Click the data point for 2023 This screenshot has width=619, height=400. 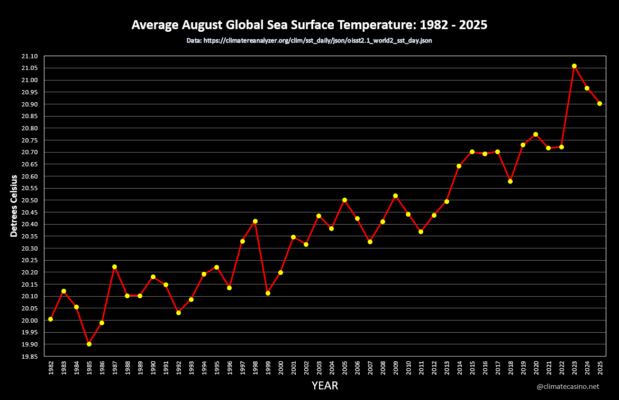[x=574, y=66]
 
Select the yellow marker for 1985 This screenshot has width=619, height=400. [x=89, y=344]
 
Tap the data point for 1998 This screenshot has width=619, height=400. [x=255, y=221]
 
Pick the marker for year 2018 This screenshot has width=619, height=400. [x=510, y=181]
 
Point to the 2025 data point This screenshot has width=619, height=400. [x=599, y=103]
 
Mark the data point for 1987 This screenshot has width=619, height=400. [x=114, y=266]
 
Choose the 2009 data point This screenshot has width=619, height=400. [x=395, y=195]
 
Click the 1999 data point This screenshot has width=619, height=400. [x=268, y=293]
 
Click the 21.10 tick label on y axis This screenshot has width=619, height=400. [x=30, y=56]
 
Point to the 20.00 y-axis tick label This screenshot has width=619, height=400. [x=30, y=321]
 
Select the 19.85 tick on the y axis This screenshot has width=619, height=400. [x=30, y=357]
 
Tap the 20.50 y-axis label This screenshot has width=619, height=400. [x=30, y=200]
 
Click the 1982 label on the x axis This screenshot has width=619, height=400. [x=51, y=369]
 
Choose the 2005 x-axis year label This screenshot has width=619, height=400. [x=344, y=369]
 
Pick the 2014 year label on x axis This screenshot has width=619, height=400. [x=459, y=369]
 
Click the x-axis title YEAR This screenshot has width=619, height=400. [x=324, y=386]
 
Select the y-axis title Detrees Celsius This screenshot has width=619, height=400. [x=14, y=206]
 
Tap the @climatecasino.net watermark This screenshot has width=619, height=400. [x=568, y=387]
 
